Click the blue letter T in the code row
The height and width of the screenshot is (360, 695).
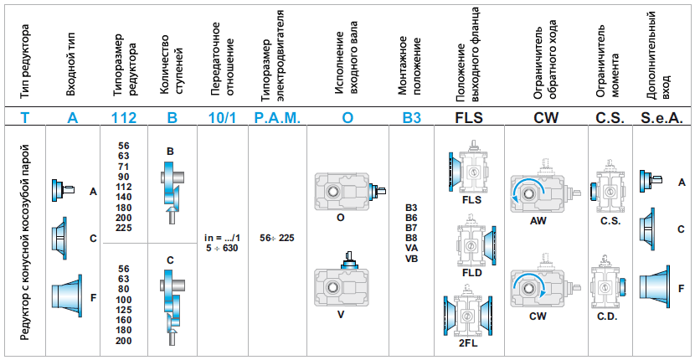coord(25,118)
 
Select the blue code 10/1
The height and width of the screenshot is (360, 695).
coord(222,118)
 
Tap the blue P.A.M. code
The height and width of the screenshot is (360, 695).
coord(276,118)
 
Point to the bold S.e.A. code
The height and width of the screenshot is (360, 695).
coord(662,118)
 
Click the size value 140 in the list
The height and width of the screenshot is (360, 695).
coord(123,196)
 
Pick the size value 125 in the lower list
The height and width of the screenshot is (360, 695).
coord(123,309)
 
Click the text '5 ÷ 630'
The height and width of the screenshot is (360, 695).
coord(222,249)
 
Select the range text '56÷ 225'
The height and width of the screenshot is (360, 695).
coord(277,237)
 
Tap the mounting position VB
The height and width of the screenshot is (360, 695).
coord(410,258)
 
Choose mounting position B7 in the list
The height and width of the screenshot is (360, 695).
coord(410,228)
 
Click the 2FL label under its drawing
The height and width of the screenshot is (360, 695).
coord(469,342)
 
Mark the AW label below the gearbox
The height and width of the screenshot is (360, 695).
coord(538,221)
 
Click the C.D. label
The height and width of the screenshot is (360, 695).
coord(608,317)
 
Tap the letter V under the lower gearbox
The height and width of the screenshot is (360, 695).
coord(341,315)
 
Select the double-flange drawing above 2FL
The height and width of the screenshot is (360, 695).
coord(468,313)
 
